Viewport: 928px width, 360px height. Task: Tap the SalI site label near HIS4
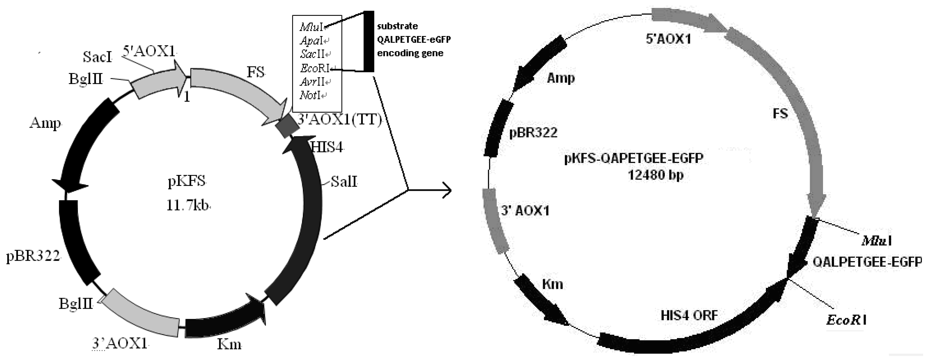pyautogui.click(x=344, y=181)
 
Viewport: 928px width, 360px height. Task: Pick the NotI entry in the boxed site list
pyautogui.click(x=310, y=96)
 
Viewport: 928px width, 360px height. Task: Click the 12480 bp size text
pyautogui.click(x=656, y=175)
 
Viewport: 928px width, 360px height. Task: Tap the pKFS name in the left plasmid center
pyautogui.click(x=187, y=181)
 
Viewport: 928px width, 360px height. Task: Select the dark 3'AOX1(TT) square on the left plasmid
pyautogui.click(x=287, y=126)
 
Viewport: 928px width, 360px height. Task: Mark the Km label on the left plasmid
pyautogui.click(x=229, y=344)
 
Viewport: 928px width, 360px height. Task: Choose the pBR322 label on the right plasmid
pyautogui.click(x=533, y=133)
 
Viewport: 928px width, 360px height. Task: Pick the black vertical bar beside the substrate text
pyautogui.click(x=368, y=42)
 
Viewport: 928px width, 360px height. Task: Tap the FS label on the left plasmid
pyautogui.click(x=256, y=72)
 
